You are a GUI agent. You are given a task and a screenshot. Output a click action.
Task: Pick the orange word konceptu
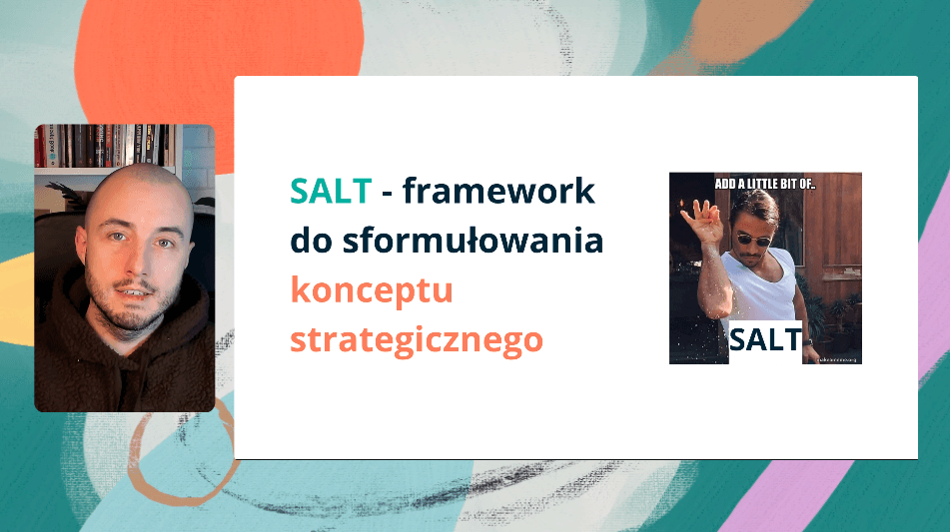(372, 290)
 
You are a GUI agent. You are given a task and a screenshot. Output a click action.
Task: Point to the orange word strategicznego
(417, 340)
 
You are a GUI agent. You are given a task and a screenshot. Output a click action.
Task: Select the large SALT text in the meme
(765, 339)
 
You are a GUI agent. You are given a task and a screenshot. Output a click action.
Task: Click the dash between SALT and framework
(390, 192)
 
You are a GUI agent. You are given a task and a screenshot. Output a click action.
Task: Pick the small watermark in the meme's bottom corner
(837, 357)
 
